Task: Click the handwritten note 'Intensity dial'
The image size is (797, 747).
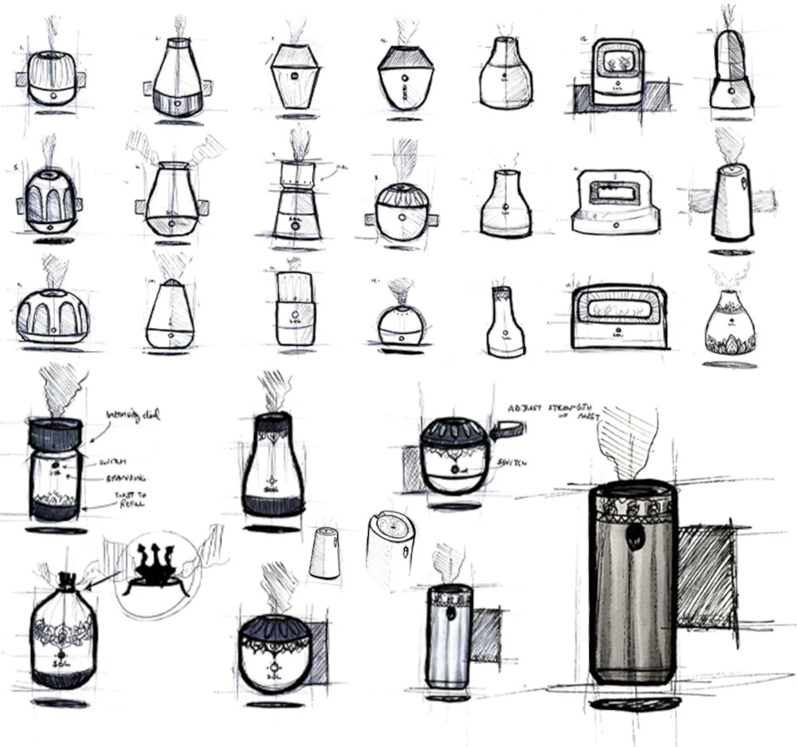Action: coord(133,415)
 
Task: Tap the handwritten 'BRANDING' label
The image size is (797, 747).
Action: coord(125,478)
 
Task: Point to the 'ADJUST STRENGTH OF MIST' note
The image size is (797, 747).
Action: coord(554,411)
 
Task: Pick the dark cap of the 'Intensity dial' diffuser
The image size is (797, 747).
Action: coord(55,434)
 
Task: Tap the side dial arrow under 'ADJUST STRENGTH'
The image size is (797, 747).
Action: coord(507,430)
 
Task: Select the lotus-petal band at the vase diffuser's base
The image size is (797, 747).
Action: coord(731,344)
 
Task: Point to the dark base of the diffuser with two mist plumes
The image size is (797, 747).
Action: coord(172,225)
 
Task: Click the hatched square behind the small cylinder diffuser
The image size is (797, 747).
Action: coord(486,635)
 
